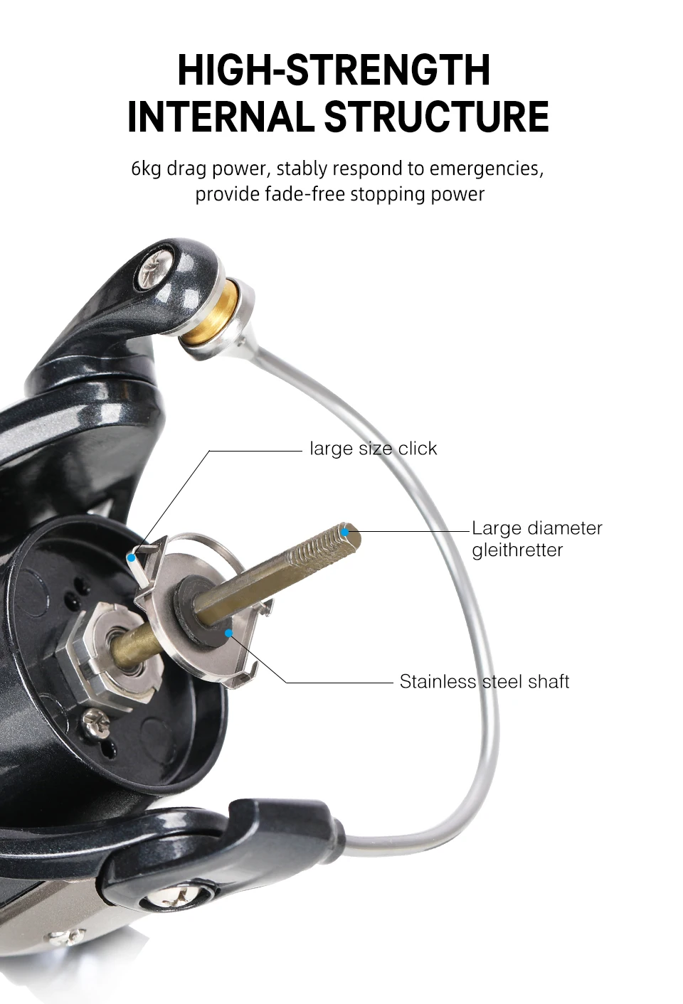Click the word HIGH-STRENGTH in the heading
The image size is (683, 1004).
pos(334,70)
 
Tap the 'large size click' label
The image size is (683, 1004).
pos(373,449)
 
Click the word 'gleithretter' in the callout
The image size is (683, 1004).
pos(517,550)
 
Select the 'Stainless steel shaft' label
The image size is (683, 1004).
pos(485,682)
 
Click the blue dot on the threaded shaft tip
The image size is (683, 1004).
pos(344,533)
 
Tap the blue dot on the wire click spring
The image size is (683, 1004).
pos(131,558)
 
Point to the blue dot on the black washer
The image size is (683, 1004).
pos(228,634)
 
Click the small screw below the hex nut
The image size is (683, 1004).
pos(95,722)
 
